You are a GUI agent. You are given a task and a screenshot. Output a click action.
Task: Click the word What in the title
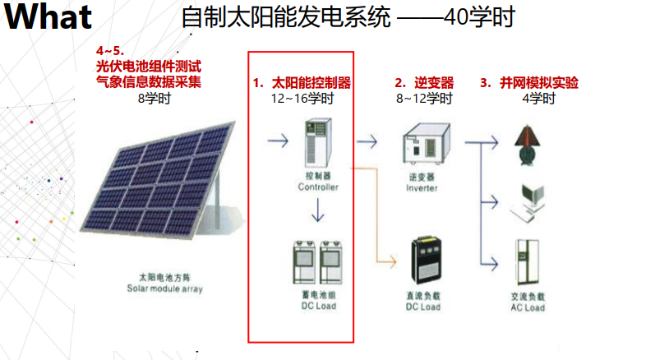point(47,18)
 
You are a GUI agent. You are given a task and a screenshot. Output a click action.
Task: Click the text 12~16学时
point(302,99)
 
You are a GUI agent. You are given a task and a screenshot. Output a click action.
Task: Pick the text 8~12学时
point(424,99)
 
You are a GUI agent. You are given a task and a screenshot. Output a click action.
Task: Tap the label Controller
point(318,187)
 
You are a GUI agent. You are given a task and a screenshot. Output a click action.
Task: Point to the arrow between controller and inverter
point(367,141)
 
